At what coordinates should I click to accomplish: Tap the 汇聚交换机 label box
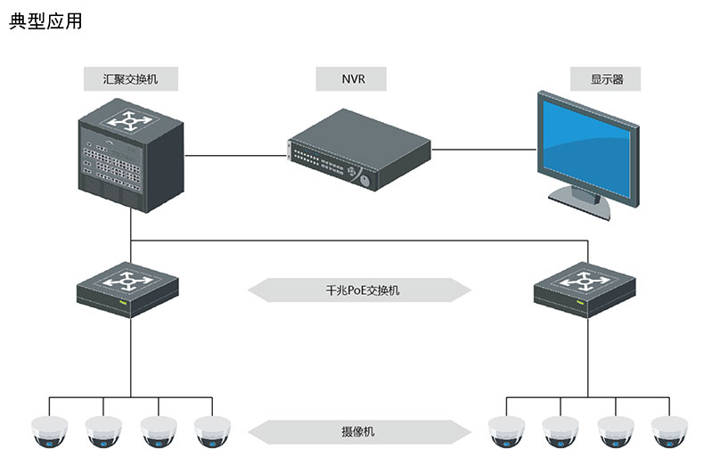coord(131,79)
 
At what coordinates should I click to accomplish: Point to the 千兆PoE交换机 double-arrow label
coord(358,290)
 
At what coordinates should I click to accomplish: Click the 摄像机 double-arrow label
coord(358,432)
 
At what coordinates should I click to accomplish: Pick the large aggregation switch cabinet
coord(130,156)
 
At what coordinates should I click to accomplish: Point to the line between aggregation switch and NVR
coord(236,154)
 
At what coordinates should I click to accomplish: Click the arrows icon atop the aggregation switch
coord(130,119)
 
